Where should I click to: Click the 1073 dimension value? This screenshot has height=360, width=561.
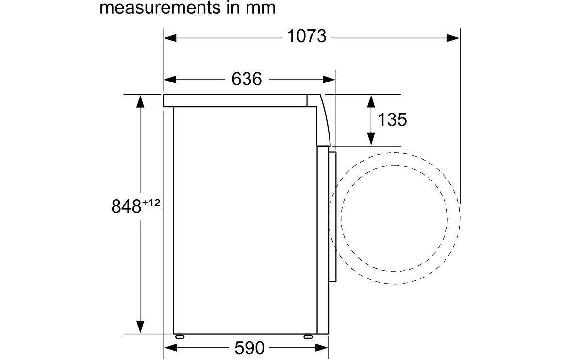(x=307, y=36)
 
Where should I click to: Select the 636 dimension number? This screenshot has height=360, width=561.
(x=247, y=79)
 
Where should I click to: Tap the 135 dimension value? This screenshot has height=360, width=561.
(x=392, y=119)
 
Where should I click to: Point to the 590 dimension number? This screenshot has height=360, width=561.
(x=249, y=347)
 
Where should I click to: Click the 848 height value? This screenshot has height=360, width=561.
(x=127, y=207)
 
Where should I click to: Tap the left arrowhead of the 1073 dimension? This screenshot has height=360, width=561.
(x=170, y=37)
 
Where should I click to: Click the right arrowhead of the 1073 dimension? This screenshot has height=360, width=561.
(x=453, y=37)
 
